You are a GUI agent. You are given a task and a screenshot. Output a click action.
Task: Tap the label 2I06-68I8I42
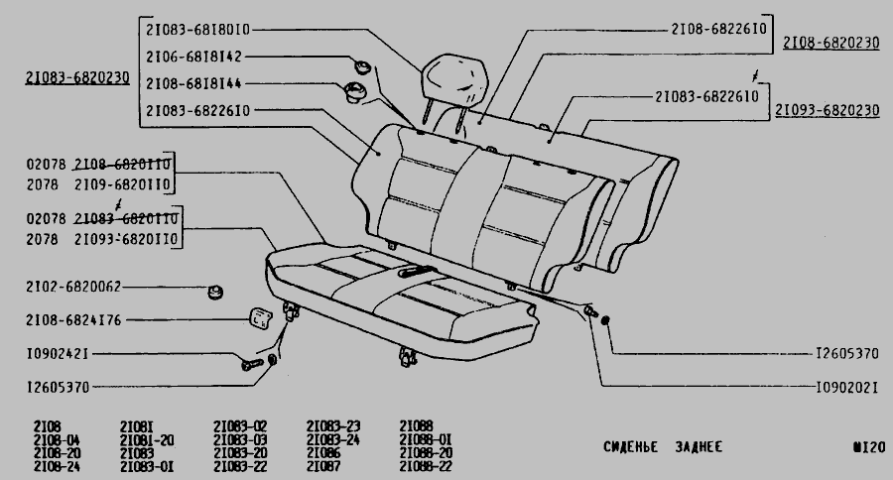point(193,57)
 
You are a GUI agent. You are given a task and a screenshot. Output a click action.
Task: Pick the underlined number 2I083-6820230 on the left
point(77,77)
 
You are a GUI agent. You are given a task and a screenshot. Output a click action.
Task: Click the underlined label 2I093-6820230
point(827,111)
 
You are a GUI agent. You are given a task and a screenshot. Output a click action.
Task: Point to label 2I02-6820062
point(73,287)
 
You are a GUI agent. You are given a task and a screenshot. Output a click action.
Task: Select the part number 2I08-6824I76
point(73,320)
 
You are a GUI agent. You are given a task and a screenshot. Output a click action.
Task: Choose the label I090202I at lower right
point(846,388)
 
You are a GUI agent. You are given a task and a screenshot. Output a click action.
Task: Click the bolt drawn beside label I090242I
point(249,365)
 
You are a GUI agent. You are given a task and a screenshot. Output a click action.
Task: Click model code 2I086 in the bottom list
point(323,452)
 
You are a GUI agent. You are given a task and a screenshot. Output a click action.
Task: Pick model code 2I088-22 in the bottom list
point(426,466)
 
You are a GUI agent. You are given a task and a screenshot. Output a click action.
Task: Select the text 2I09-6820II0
point(124,184)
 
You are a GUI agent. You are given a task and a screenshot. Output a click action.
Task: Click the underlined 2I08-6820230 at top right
point(830,43)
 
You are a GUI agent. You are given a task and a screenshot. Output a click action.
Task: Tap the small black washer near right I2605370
point(605,319)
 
